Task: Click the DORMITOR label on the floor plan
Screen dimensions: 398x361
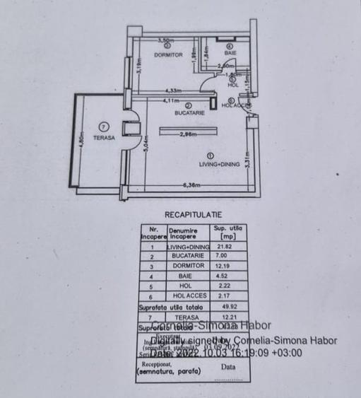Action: pyautogui.click(x=167, y=54)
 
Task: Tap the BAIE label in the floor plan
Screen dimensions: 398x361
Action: pyautogui.click(x=230, y=53)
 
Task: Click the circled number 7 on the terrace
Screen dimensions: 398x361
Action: pyautogui.click(x=105, y=126)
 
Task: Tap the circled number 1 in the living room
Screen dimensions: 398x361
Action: pyautogui.click(x=211, y=155)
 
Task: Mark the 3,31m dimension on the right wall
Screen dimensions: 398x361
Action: pyautogui.click(x=248, y=163)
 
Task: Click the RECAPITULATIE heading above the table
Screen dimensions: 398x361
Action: pyautogui.click(x=193, y=213)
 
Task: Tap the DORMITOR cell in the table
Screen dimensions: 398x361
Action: pyautogui.click(x=187, y=267)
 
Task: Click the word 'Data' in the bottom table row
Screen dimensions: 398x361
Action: pyautogui.click(x=227, y=367)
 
